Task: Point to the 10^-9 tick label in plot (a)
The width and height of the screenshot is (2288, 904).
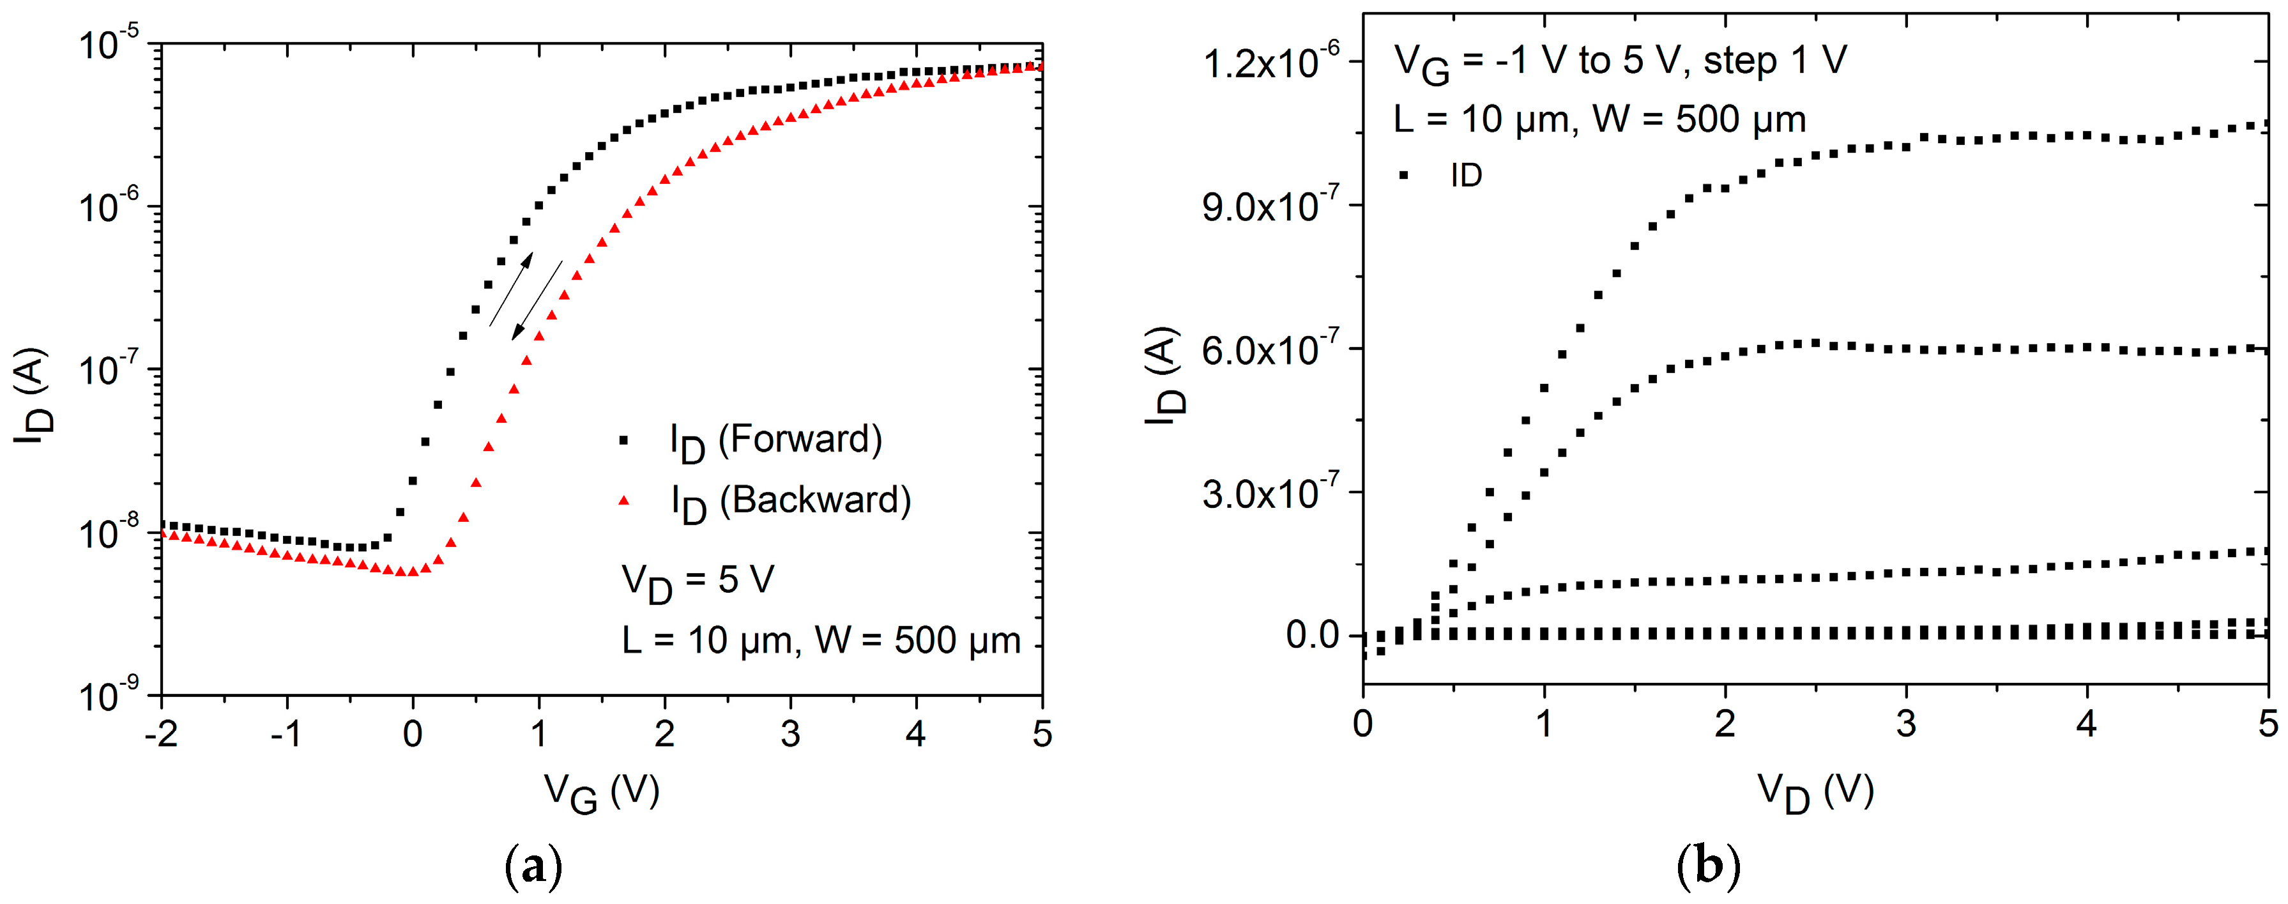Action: tap(109, 697)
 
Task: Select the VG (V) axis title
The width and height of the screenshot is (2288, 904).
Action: tap(601, 791)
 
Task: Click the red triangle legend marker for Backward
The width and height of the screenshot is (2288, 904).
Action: tap(625, 501)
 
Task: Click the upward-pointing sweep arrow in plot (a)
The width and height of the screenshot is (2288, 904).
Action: tap(512, 289)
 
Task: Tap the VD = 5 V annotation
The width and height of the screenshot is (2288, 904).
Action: tap(698, 581)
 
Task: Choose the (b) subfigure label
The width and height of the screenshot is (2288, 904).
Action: tap(1708, 866)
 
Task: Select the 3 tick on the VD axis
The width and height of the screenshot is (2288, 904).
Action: tap(1906, 724)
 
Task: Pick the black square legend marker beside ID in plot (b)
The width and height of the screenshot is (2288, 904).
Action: tap(1404, 175)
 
